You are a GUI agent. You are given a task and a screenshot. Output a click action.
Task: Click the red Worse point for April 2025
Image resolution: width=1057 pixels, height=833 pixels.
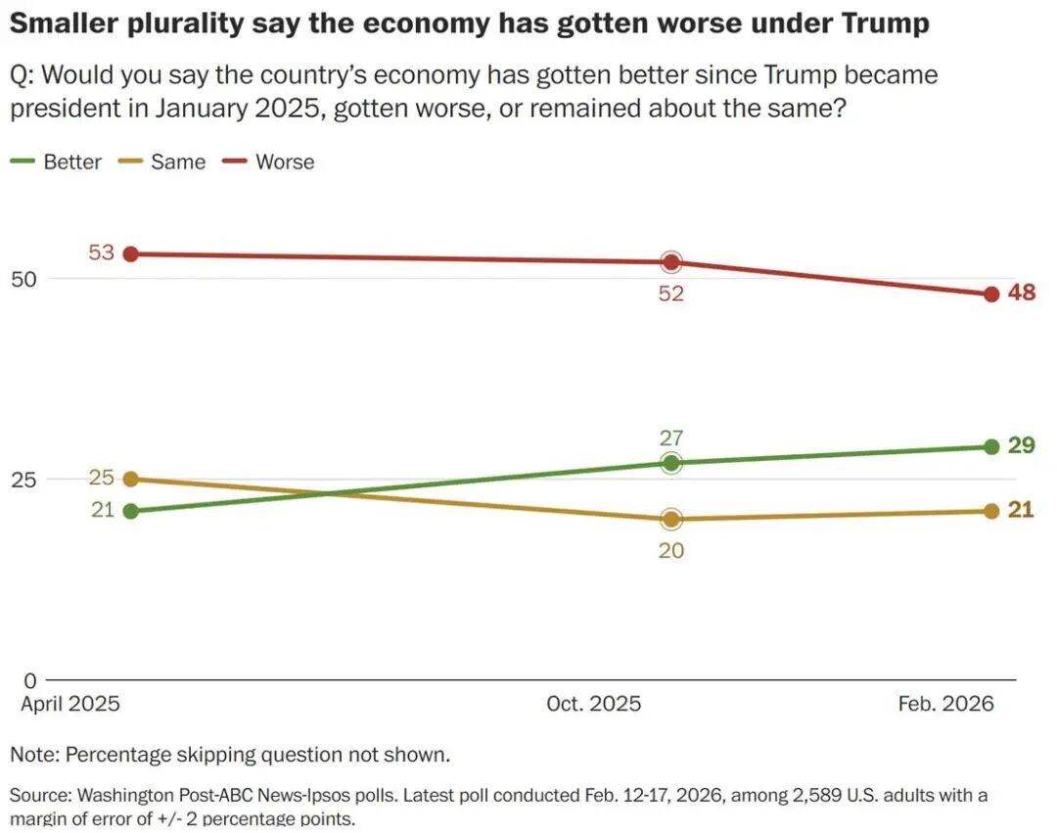click(x=130, y=255)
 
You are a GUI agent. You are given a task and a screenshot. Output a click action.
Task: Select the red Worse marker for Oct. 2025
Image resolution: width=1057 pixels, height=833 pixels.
click(x=670, y=262)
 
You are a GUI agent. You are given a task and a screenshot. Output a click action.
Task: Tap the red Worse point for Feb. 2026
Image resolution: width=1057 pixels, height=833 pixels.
click(x=990, y=295)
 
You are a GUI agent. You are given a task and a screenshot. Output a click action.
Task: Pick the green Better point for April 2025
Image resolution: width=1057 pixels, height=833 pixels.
click(x=130, y=511)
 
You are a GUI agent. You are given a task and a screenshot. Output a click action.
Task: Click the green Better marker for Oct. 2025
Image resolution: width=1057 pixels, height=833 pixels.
click(x=670, y=463)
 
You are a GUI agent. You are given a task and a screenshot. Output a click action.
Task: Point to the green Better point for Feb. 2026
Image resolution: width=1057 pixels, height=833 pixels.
click(x=990, y=447)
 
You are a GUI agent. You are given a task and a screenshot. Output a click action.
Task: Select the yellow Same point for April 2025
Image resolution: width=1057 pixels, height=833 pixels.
click(x=130, y=479)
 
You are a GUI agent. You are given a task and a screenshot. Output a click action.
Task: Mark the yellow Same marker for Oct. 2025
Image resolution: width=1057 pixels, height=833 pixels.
click(x=670, y=519)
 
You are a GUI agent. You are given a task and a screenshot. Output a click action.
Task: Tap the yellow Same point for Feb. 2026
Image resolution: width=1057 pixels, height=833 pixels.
click(x=990, y=511)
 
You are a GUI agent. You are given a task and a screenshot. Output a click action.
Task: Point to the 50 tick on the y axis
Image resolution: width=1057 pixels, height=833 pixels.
click(x=23, y=279)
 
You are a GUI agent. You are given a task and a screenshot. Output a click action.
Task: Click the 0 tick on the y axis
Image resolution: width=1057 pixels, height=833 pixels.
click(x=28, y=680)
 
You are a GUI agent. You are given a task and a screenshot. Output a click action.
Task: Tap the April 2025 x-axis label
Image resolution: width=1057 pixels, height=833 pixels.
click(x=70, y=705)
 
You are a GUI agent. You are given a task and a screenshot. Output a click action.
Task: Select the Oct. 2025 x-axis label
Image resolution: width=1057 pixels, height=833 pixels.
click(x=594, y=705)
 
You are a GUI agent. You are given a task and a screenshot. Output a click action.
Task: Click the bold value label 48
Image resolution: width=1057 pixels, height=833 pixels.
click(x=1022, y=293)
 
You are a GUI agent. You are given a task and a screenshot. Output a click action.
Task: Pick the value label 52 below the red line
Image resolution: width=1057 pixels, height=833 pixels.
click(x=670, y=294)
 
